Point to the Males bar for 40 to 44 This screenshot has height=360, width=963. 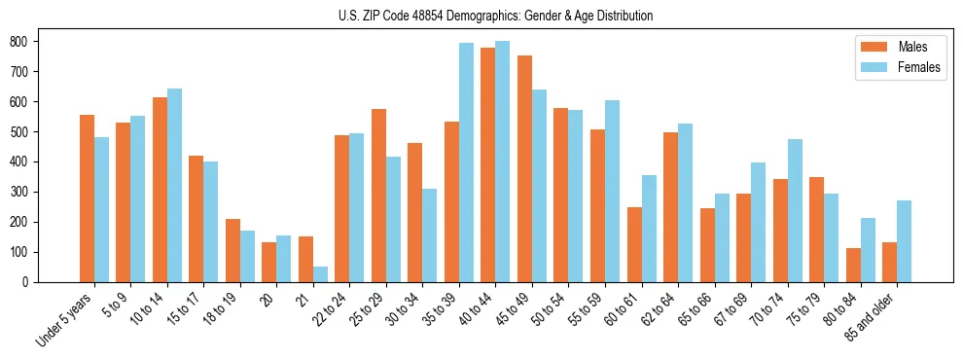[x=488, y=165]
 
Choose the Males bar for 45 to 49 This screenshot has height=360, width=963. [x=524, y=169]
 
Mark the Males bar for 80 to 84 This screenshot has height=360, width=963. [x=853, y=265]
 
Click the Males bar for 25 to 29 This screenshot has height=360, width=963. [x=378, y=196]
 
